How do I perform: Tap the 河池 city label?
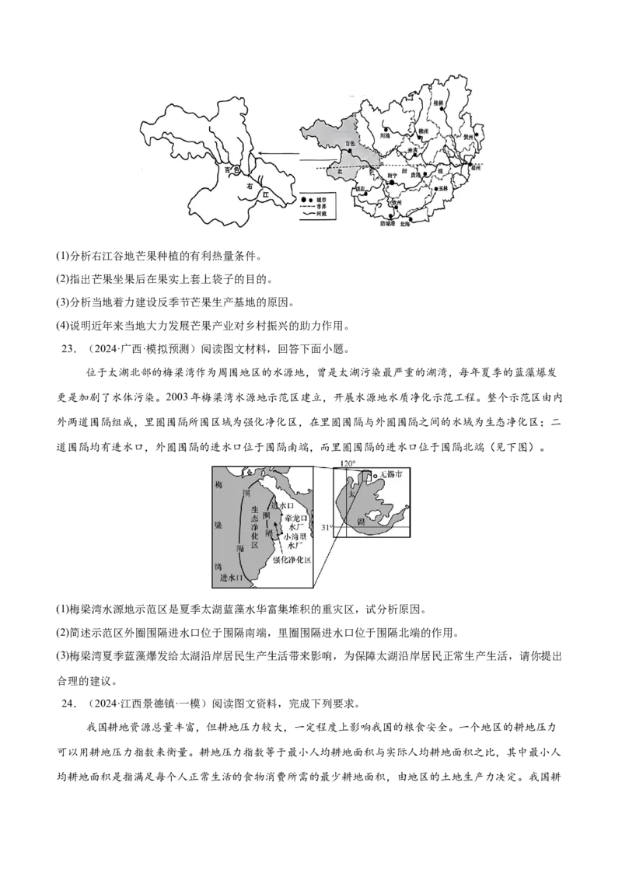tap(384, 135)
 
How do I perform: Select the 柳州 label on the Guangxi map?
tap(424, 132)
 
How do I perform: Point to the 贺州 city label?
tap(468, 135)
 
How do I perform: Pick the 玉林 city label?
tap(444, 188)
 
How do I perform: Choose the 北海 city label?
tap(405, 223)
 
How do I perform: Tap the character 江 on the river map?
tap(266, 192)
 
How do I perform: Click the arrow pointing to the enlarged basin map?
tap(280, 154)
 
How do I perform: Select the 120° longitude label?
tap(348, 463)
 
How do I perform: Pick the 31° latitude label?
tap(327, 527)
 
